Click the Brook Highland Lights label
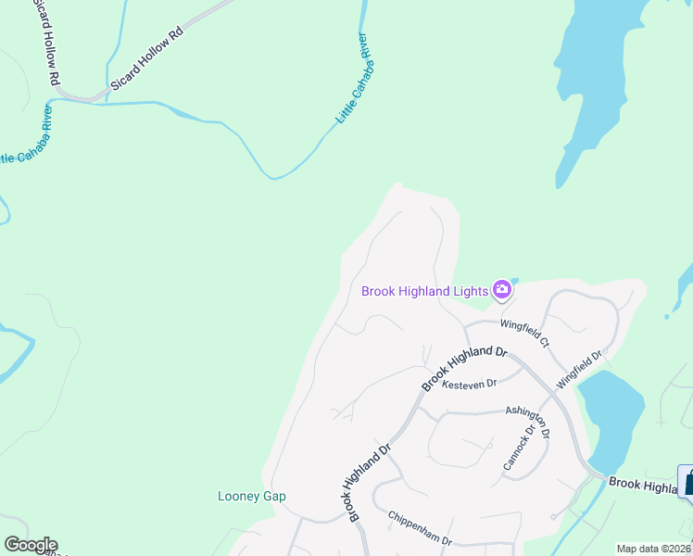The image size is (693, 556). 424,291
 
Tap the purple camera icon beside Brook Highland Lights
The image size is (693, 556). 502,289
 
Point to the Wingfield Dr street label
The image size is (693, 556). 579,368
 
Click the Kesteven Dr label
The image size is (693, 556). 470,384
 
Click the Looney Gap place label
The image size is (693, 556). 252,496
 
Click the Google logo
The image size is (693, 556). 31,545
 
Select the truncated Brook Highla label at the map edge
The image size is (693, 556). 643,486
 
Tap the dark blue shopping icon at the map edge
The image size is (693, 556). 687,481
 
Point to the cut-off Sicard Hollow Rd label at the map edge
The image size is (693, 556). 46,42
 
